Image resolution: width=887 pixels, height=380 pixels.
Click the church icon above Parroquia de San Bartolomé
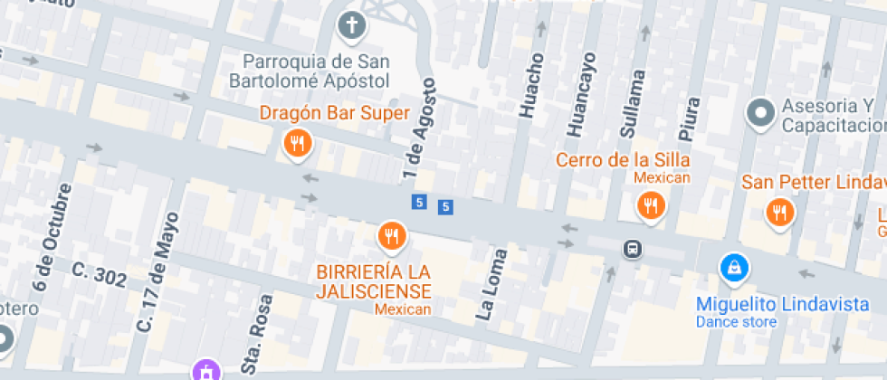(x=353, y=25)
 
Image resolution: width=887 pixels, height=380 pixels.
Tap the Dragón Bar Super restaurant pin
(x=296, y=142)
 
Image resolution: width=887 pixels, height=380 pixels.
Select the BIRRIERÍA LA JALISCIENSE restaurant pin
(x=391, y=236)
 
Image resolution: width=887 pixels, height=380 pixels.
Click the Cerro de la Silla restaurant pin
(x=650, y=207)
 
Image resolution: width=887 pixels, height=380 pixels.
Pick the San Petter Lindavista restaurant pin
(x=777, y=213)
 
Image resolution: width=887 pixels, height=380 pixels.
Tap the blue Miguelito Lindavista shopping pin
(x=734, y=268)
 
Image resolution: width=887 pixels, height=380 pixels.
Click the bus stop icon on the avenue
(x=632, y=247)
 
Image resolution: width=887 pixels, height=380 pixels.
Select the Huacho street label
(x=531, y=85)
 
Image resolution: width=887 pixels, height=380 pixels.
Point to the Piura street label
(x=691, y=118)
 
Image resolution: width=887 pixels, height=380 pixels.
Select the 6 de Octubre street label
(x=52, y=237)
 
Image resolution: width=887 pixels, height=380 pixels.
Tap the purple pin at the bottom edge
(x=207, y=371)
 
